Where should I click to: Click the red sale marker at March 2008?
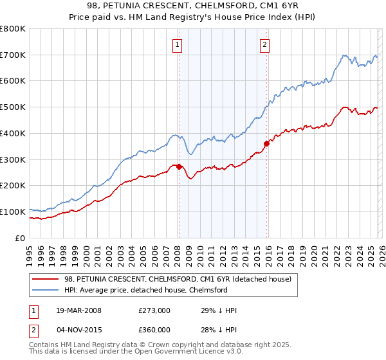tap(179, 166)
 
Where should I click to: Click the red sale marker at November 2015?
tap(266, 143)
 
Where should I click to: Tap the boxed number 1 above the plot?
tap(177, 44)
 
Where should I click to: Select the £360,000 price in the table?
tap(154, 331)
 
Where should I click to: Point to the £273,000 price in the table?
tap(154, 310)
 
